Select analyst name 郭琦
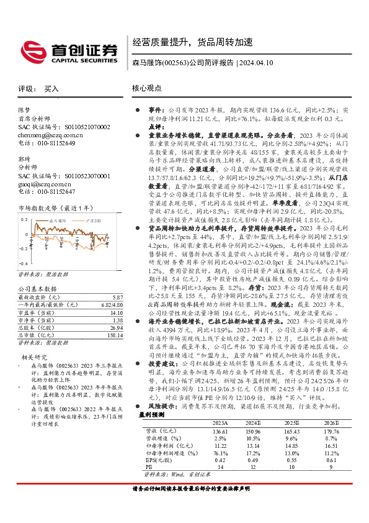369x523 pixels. click(x=24, y=160)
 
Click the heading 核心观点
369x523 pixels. click(x=146, y=89)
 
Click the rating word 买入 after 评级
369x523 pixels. click(x=51, y=89)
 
